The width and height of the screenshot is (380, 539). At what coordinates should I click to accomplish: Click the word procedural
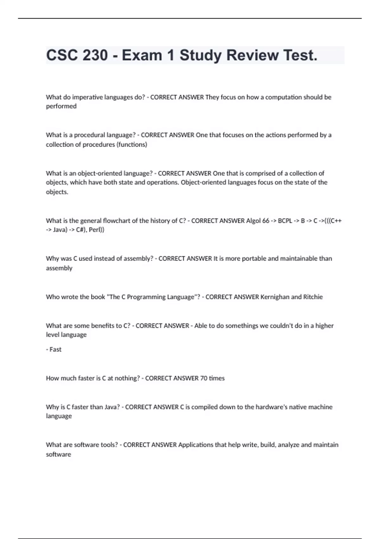click(89, 135)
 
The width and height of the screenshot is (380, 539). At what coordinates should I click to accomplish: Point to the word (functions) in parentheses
click(132, 145)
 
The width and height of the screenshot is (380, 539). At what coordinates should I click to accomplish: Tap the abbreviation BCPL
click(285, 221)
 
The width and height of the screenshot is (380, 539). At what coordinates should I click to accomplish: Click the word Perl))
click(97, 230)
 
